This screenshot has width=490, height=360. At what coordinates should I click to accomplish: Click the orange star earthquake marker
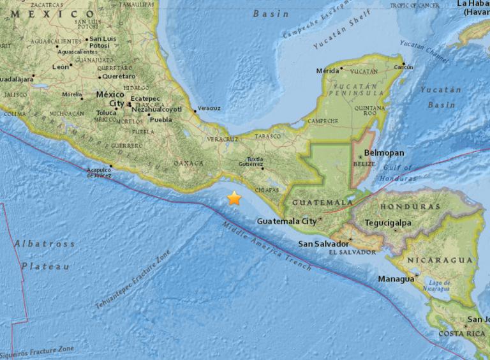pyautogui.click(x=234, y=198)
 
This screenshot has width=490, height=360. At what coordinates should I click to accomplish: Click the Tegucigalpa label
pyautogui.click(x=388, y=223)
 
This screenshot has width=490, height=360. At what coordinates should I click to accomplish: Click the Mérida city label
pyautogui.click(x=325, y=71)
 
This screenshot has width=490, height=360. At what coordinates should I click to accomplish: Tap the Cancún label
pyautogui.click(x=403, y=67)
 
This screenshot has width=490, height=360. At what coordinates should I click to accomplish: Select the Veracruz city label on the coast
pyautogui.click(x=209, y=108)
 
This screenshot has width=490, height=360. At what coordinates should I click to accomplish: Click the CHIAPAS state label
pyautogui.click(x=266, y=189)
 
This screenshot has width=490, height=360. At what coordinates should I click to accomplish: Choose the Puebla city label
pyautogui.click(x=161, y=119)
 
